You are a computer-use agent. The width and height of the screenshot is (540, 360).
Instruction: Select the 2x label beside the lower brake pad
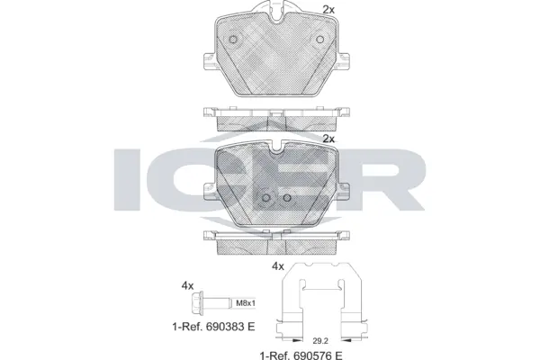click(x=328, y=139)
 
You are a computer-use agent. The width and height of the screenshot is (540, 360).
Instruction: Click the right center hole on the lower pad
click(x=286, y=199)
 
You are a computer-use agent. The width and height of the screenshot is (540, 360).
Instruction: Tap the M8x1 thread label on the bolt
click(x=247, y=303)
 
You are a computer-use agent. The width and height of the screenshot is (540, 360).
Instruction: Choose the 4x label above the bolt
click(x=187, y=285)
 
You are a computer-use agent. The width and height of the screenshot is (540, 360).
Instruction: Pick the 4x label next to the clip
click(x=277, y=266)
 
